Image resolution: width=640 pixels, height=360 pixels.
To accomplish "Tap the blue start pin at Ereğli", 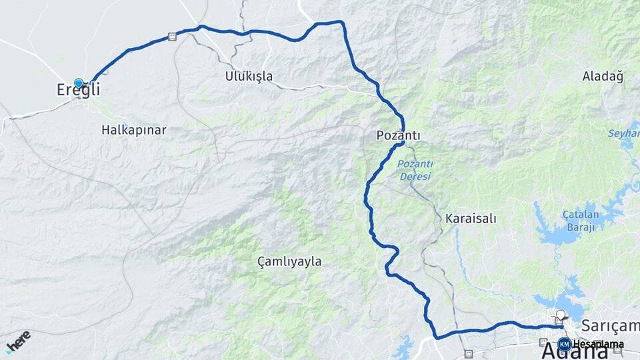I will (79, 83).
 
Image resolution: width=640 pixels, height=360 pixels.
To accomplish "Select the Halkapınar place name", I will (133, 129).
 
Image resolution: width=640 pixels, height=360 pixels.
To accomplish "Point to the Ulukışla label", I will (249, 76).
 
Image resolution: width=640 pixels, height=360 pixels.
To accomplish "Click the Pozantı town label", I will (399, 135).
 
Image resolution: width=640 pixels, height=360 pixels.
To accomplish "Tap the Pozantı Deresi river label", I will (415, 171).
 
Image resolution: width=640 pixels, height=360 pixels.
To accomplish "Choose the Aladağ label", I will (602, 76).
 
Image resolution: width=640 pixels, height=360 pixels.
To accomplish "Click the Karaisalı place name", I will (471, 218).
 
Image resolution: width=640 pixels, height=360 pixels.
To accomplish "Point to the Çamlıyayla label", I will (289, 262).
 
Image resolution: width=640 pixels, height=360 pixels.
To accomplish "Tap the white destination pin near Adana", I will (560, 315).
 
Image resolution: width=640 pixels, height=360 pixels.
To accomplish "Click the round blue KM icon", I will (564, 344).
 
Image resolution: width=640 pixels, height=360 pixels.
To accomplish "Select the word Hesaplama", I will (598, 345).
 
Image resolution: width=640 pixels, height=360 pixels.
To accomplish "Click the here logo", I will (18, 341).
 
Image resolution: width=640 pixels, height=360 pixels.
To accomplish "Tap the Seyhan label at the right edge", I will (623, 134).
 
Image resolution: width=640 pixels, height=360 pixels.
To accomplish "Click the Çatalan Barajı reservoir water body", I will (557, 233).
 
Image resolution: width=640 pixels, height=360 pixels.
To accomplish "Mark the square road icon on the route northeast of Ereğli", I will (172, 37).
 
